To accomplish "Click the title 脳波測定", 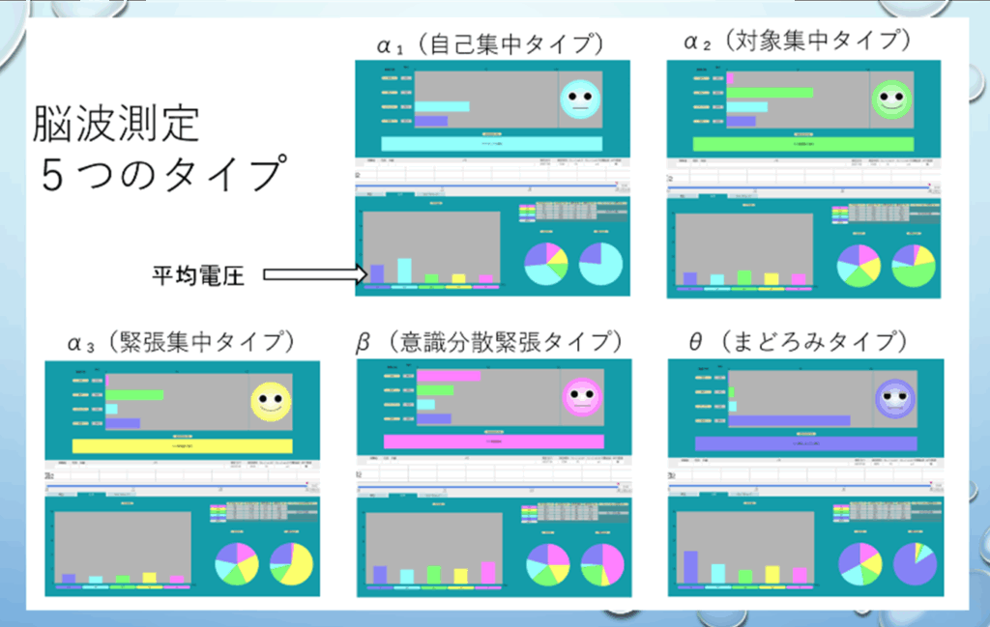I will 116,125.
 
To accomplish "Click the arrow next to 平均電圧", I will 315,275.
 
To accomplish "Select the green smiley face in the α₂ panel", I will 890,99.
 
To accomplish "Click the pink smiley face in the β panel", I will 580,397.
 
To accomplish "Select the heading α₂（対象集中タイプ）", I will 798,42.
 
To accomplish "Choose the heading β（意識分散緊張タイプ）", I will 490,341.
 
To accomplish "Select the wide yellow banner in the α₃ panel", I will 182,445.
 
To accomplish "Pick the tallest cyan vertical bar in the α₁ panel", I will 404,271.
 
